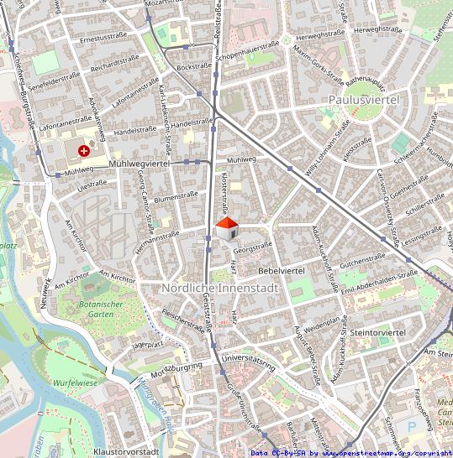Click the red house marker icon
click(x=226, y=227)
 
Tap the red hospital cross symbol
click(x=84, y=150)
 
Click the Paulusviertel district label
click(x=362, y=100)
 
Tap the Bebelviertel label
click(x=281, y=271)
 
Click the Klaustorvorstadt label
click(x=126, y=451)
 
